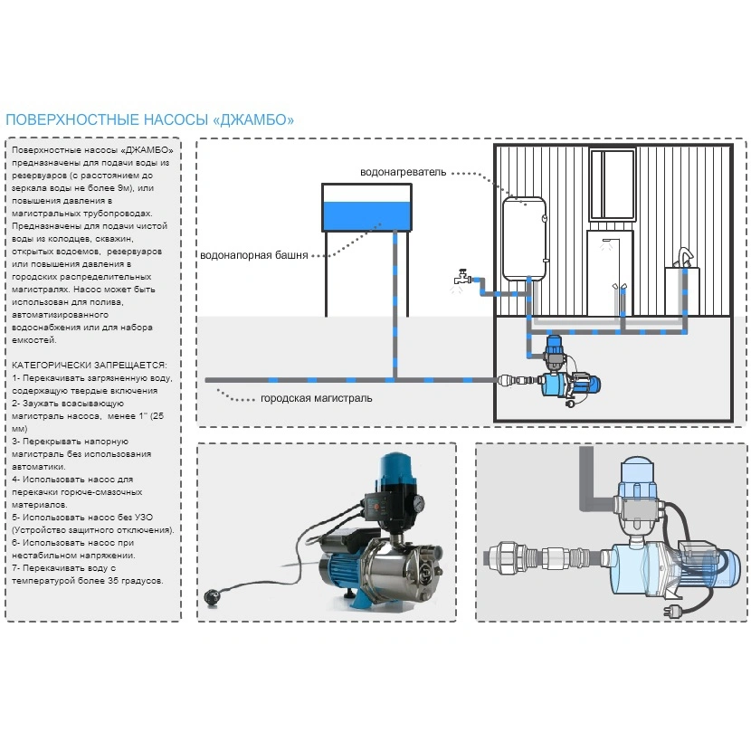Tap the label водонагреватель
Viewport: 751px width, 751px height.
pyautogui.click(x=403, y=172)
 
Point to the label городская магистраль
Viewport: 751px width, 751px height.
pyautogui.click(x=316, y=398)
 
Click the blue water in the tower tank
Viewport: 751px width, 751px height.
pyautogui.click(x=367, y=214)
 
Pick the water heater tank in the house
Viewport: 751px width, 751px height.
pyautogui.click(x=524, y=237)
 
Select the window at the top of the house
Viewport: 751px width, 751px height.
pyautogui.click(x=613, y=185)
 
